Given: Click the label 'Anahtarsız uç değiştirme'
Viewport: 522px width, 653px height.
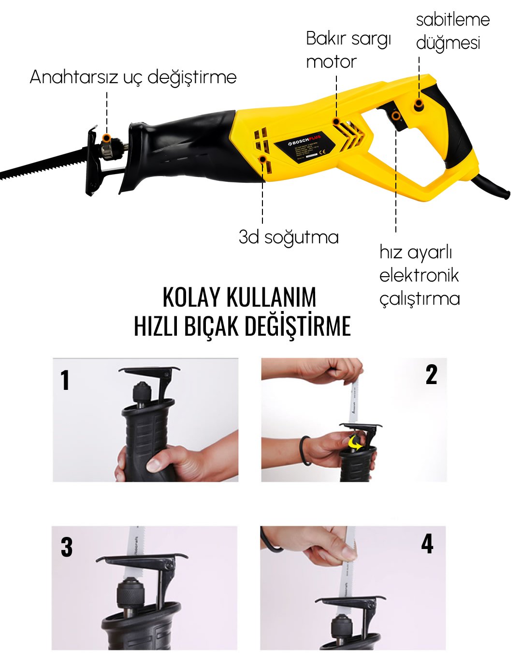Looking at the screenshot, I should click(133, 77).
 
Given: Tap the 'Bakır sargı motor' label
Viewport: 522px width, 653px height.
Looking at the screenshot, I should click(348, 50).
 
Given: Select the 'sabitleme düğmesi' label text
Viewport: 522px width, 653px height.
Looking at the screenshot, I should click(452, 31).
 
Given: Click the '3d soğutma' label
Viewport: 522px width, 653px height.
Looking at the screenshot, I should click(289, 237).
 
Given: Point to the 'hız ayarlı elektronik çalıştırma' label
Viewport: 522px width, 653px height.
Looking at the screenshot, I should click(419, 275).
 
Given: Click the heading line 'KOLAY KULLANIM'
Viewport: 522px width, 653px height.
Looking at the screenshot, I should click(239, 297).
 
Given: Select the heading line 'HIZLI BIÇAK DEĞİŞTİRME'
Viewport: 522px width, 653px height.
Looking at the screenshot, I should click(242, 326).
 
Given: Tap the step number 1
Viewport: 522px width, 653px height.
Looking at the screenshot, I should click(65, 380).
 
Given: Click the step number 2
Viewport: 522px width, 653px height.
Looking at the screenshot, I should click(431, 375).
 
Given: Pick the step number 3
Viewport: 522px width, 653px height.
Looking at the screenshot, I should click(67, 548).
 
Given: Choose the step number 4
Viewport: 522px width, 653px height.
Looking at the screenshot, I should click(427, 544).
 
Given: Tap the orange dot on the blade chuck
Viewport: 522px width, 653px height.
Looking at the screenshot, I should click(107, 137).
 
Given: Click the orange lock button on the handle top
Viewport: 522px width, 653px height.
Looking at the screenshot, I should click(419, 104).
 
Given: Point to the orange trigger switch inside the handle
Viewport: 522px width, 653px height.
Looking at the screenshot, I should click(396, 116).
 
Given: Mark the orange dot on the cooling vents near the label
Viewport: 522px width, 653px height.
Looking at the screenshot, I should click(262, 159).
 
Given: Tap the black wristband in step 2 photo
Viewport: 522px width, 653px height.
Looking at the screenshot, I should click(304, 450).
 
